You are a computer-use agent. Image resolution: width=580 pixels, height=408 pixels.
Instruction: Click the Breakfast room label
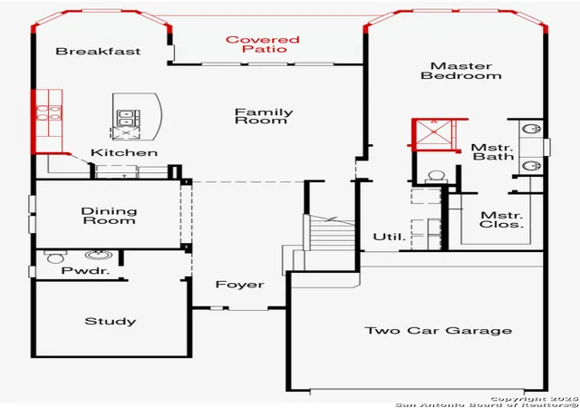click(98, 51)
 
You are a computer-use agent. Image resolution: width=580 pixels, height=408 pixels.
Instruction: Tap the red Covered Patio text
click(262, 44)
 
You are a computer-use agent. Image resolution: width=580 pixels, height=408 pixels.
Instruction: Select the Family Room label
click(264, 116)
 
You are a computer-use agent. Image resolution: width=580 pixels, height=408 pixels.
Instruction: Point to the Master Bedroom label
click(461, 71)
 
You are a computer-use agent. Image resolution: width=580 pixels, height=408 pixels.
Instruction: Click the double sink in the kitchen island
click(126, 118)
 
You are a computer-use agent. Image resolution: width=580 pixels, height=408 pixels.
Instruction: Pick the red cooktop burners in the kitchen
click(48, 112)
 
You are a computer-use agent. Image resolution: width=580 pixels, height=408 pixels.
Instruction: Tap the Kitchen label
click(124, 152)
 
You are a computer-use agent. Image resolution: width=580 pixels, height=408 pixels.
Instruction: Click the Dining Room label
click(109, 216)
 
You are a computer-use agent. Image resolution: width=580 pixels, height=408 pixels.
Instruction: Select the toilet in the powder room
click(55, 257)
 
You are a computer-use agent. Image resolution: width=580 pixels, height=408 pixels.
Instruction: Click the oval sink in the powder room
click(99, 255)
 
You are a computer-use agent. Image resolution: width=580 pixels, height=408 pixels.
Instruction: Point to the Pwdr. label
click(85, 271)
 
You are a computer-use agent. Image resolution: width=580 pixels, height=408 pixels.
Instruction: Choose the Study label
click(111, 321)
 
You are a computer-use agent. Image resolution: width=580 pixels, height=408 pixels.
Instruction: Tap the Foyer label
click(239, 285)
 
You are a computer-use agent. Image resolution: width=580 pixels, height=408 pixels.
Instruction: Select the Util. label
click(389, 237)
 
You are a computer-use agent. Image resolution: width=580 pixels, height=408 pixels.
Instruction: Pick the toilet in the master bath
click(437, 177)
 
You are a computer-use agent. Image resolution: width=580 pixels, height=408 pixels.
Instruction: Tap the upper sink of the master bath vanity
click(531, 129)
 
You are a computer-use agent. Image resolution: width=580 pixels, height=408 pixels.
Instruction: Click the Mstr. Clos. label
click(501, 219)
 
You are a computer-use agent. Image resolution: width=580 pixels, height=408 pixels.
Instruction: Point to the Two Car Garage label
click(439, 330)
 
